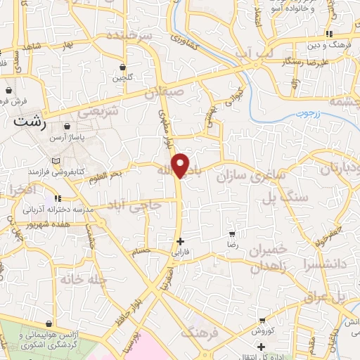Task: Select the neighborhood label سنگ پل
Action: [286, 199]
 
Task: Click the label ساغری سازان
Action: [251, 174]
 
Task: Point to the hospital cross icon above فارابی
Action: [181, 240]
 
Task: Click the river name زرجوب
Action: [307, 112]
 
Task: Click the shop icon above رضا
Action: [232, 234]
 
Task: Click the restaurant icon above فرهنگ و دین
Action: [328, 34]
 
